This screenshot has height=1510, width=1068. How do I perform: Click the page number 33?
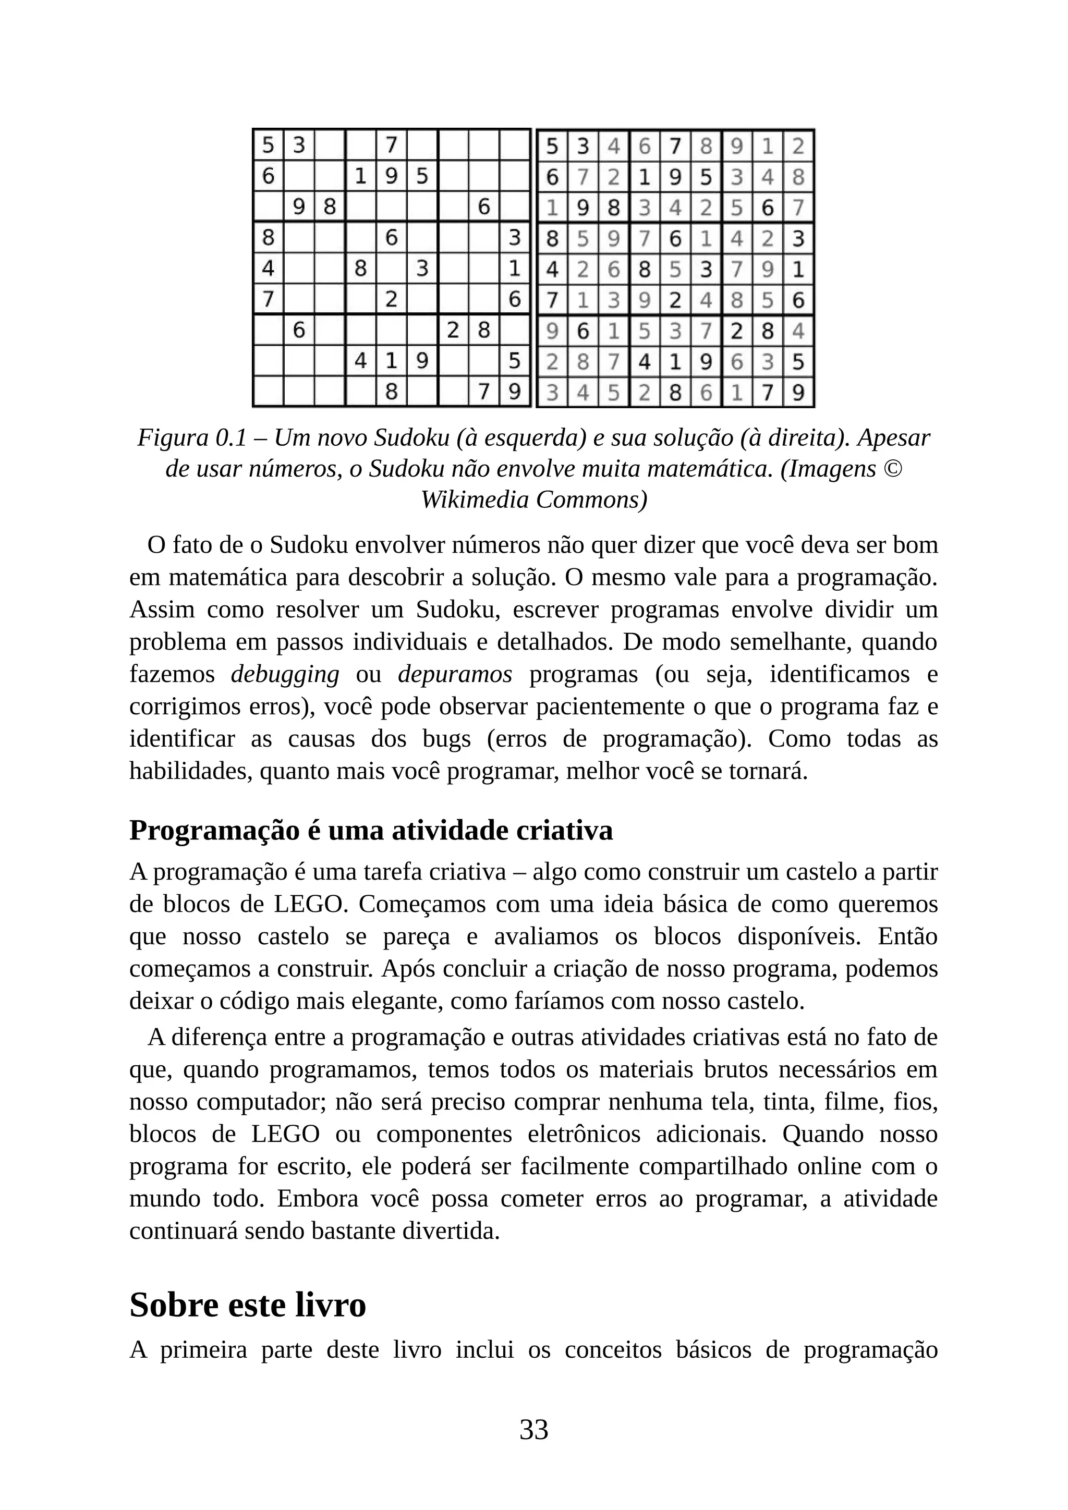pyautogui.click(x=533, y=1429)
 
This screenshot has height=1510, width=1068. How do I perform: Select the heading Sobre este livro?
pyautogui.click(x=247, y=1304)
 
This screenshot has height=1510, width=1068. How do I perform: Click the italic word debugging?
pyautogui.click(x=285, y=674)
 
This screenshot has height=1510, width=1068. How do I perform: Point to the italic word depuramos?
pyautogui.click(x=455, y=674)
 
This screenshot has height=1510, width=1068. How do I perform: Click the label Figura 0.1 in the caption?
pyautogui.click(x=191, y=438)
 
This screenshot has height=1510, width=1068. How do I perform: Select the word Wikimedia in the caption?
pyautogui.click(x=474, y=500)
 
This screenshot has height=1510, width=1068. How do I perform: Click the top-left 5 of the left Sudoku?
pyautogui.click(x=269, y=144)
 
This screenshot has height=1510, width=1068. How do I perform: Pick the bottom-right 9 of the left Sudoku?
pyautogui.click(x=515, y=393)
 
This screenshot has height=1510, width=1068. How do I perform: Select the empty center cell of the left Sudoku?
pyautogui.click(x=391, y=269)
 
